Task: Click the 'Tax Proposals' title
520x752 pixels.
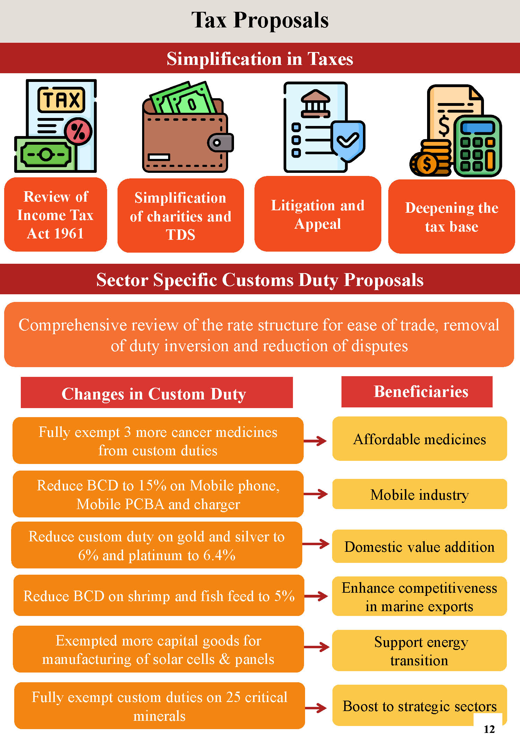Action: (260, 20)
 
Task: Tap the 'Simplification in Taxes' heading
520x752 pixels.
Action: (260, 58)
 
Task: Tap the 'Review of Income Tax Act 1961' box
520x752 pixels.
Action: (55, 215)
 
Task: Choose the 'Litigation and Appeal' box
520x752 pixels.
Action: (318, 214)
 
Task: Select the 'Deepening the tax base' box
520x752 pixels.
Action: (451, 217)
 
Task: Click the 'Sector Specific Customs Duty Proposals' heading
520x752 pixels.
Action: (260, 279)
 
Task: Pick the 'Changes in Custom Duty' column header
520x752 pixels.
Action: (157, 393)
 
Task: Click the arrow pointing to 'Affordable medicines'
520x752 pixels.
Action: (315, 441)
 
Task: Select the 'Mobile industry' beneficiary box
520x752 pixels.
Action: (419, 494)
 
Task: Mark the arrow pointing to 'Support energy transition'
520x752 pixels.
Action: (317, 647)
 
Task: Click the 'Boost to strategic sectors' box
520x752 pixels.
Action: (419, 706)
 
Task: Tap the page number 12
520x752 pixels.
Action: (489, 729)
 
